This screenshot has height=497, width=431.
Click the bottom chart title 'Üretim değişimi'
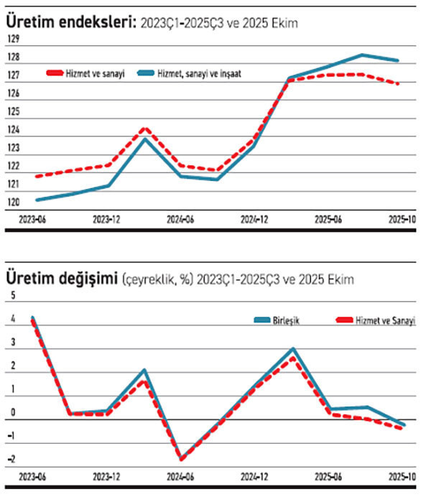[x=62, y=278]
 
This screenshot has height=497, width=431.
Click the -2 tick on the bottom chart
[x=10, y=460]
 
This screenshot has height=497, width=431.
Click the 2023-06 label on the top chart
[x=34, y=220]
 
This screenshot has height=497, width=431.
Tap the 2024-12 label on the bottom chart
[x=254, y=477]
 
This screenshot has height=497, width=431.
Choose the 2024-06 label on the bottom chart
[x=180, y=477]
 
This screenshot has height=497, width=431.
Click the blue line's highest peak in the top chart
[x=363, y=55]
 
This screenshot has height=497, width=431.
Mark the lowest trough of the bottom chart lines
[x=182, y=459]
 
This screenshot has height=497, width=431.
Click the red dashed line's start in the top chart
[x=37, y=176]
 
